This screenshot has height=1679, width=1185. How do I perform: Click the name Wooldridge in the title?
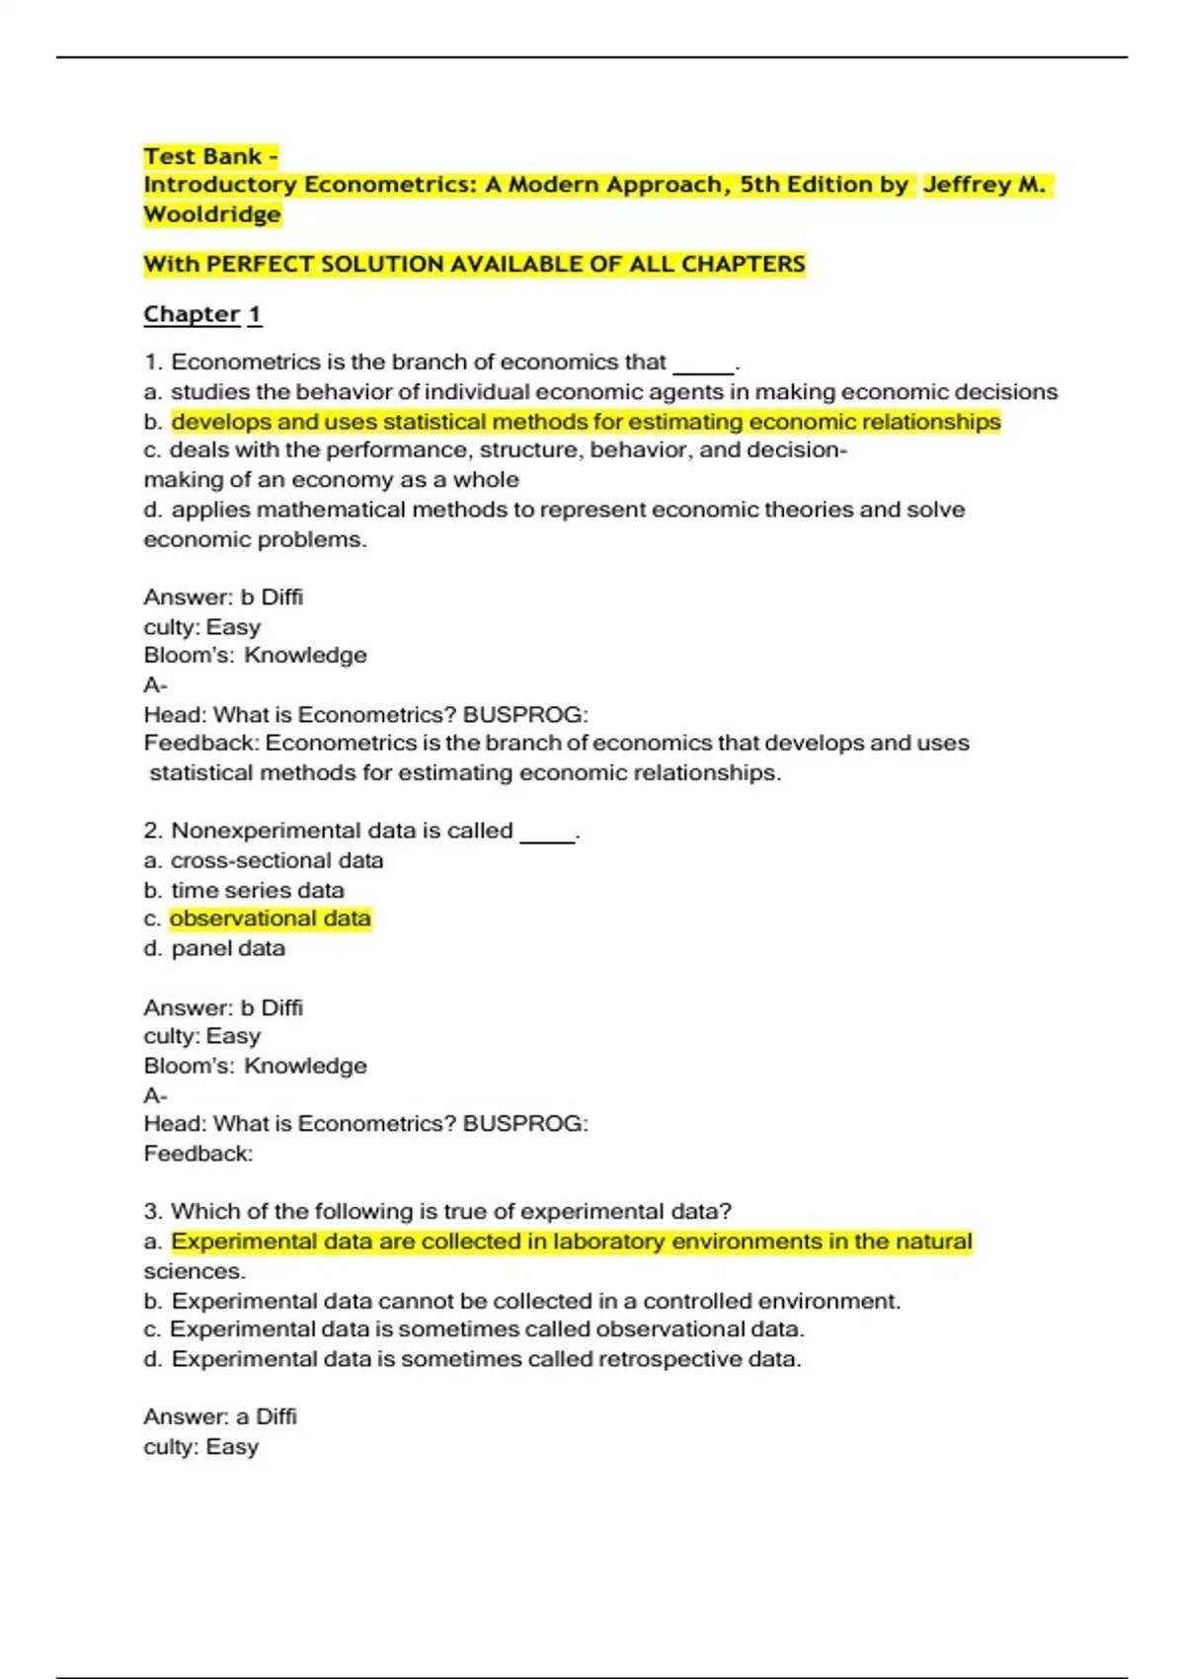click(x=212, y=214)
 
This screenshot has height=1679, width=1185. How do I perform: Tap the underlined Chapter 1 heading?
click(x=202, y=314)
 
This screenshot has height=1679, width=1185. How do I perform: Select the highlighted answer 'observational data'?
click(x=270, y=919)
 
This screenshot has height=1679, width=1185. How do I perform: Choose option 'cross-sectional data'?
click(x=276, y=860)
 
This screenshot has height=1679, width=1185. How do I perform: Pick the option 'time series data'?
click(x=257, y=890)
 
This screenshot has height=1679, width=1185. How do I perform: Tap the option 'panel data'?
click(x=228, y=948)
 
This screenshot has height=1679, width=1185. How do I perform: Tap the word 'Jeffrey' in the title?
click(x=968, y=185)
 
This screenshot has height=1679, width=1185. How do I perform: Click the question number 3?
click(x=151, y=1212)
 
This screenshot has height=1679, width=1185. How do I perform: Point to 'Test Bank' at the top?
click(x=202, y=156)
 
